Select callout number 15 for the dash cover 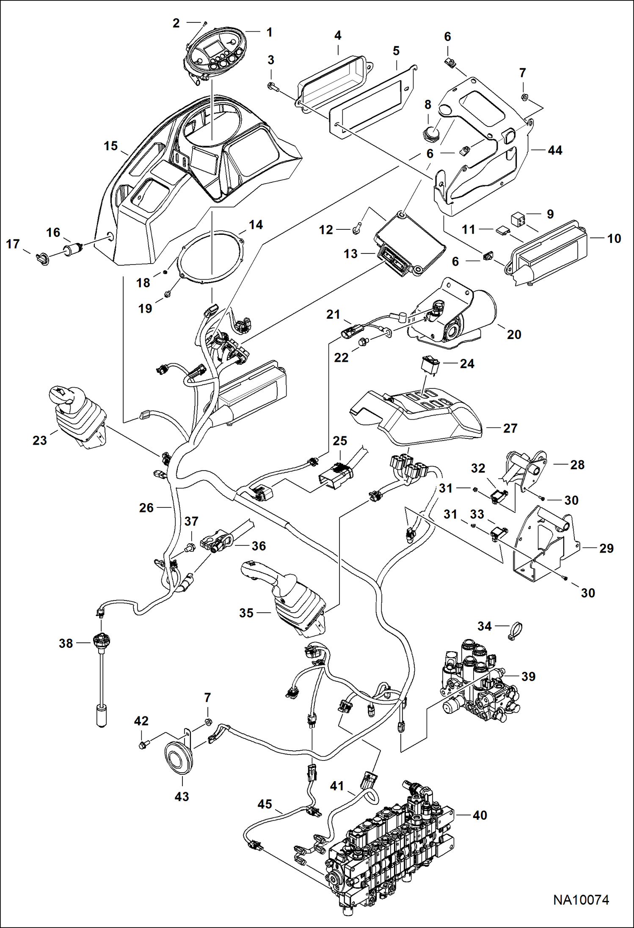(110, 146)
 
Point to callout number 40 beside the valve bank (480, 815)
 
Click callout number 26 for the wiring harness (146, 507)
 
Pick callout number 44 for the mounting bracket (555, 150)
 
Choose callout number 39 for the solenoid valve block (528, 676)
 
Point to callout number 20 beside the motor (514, 334)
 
